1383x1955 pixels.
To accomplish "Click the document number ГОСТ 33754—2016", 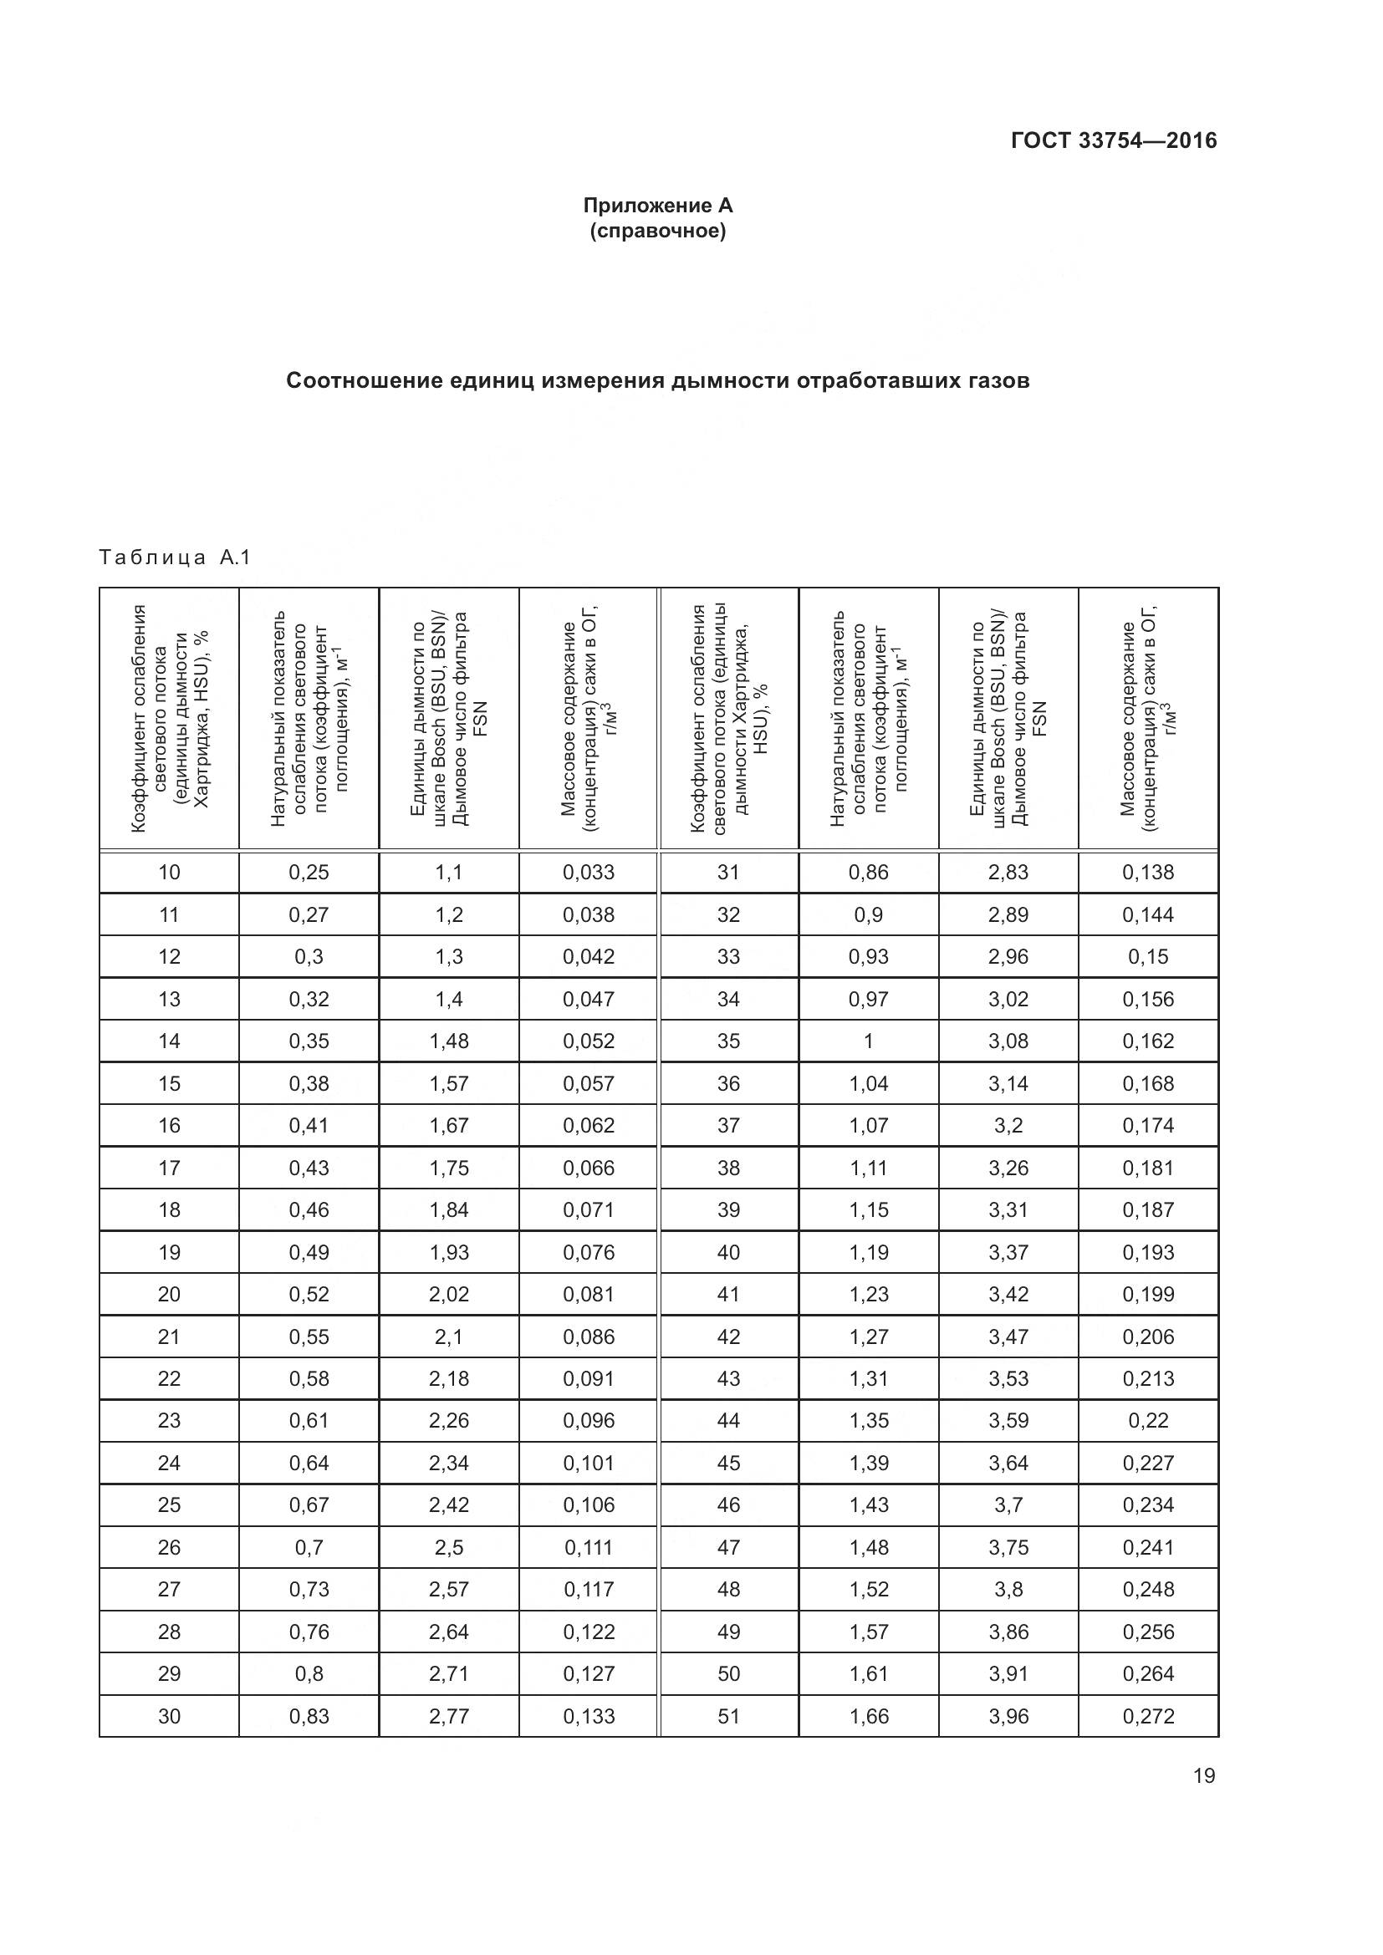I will (1113, 140).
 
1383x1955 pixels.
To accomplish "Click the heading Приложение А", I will (657, 206).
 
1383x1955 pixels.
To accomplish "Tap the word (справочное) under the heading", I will (657, 231).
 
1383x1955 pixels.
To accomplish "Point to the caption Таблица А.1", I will (175, 557).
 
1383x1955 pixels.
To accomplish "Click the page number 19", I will (1204, 1775).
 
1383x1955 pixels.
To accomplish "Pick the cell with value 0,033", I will (589, 872).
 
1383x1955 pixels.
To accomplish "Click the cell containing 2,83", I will (1008, 872).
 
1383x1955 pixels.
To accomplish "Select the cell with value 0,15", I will (1148, 956).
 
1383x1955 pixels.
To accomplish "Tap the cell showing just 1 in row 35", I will (869, 1041).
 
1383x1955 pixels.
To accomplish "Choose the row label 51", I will (729, 1716).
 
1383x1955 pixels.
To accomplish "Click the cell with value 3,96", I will (1008, 1716).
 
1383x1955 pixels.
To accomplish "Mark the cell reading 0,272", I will (1148, 1716).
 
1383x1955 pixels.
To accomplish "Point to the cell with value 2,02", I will (449, 1294).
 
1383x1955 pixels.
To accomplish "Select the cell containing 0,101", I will (589, 1463).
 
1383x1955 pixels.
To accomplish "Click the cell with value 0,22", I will (1148, 1420).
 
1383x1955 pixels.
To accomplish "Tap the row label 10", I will (170, 872).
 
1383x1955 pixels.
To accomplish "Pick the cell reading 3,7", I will (1008, 1504).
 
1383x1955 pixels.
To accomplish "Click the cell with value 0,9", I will (869, 914).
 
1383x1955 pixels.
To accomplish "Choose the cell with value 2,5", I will (449, 1547).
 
